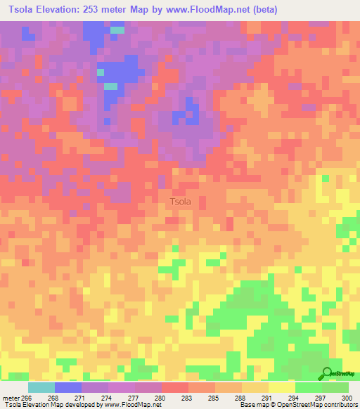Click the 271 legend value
point(81,397)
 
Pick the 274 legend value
point(108,397)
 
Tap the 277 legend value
point(134,397)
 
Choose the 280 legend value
point(161,397)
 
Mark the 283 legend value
point(188,397)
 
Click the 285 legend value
point(214,397)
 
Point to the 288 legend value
point(241,397)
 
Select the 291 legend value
point(268,397)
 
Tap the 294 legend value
point(295,397)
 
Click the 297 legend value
point(321,397)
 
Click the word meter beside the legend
point(11,397)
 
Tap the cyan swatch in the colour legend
point(41,387)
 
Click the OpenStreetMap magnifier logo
point(326,373)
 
